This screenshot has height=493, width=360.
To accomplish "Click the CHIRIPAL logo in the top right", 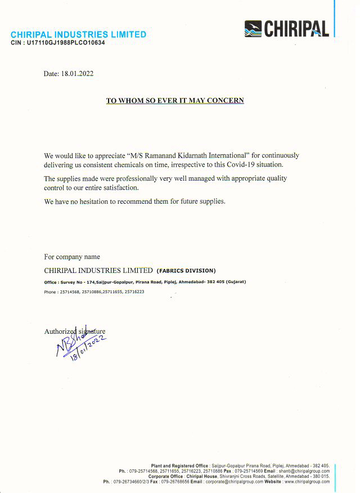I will tap(287, 28).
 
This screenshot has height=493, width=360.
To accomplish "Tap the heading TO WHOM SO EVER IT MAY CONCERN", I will tap(175, 101).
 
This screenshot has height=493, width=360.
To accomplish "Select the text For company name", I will tap(72, 257).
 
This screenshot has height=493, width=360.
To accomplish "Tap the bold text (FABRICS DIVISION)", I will tap(186, 271).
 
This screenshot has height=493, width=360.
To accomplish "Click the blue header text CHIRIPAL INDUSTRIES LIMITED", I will tap(79, 34).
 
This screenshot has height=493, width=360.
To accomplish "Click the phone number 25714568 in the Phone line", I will tap(70, 292).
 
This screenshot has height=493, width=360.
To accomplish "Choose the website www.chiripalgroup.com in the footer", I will tap(307, 482).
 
